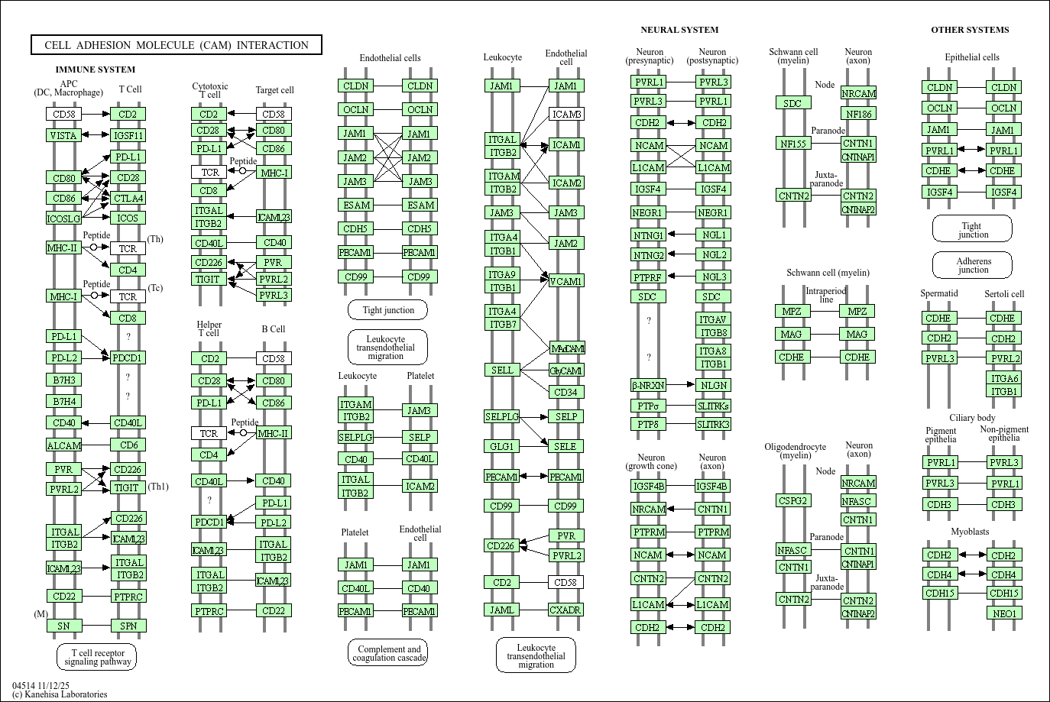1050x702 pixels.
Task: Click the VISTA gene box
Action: tap(63, 135)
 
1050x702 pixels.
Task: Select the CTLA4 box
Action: tap(128, 198)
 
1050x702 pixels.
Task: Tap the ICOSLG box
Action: tap(63, 218)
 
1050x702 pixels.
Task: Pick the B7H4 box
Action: tap(63, 401)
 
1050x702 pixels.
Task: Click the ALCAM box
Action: tap(63, 445)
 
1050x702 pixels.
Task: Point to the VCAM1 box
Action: tap(566, 281)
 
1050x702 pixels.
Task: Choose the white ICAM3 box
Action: tap(566, 115)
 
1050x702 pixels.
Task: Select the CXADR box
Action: tap(566, 610)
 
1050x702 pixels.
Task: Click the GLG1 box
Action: tap(501, 446)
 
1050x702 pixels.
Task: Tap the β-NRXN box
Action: tap(648, 386)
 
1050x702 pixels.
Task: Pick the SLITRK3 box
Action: tap(713, 424)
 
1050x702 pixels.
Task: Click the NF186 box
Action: tap(858, 114)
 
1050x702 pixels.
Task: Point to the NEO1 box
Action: tap(1003, 613)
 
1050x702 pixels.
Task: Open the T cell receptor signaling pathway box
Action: tap(96, 657)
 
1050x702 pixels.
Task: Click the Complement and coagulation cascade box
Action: tap(388, 653)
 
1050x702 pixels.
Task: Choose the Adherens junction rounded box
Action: tap(972, 265)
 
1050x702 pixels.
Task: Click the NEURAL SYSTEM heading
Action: tap(679, 30)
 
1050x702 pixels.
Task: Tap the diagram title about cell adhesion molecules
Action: tap(177, 45)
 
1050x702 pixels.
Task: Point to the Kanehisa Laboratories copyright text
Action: tap(60, 694)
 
